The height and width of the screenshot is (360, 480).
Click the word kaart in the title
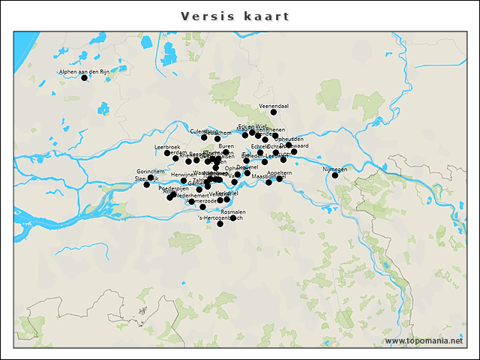[x=267, y=16]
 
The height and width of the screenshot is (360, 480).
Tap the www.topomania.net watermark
[x=424, y=341]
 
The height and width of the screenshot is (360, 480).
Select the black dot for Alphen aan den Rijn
[x=84, y=78]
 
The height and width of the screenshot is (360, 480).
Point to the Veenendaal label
[x=274, y=106]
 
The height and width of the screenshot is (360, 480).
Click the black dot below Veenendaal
[x=274, y=112]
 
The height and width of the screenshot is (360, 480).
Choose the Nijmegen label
[x=335, y=169]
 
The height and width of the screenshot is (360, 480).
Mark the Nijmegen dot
[x=335, y=175]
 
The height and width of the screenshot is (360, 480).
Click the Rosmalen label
[x=233, y=212]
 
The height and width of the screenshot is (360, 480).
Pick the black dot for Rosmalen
[x=233, y=218]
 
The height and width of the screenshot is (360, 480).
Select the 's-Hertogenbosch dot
[x=220, y=223]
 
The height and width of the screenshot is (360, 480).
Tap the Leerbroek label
[x=167, y=147]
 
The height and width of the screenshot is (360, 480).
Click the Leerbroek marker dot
[x=167, y=153]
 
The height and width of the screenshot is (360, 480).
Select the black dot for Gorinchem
[x=150, y=178]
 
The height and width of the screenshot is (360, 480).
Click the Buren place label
[x=226, y=146]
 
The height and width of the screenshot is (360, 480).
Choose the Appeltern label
[x=280, y=172]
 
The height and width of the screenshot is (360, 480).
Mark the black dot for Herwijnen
[x=184, y=181]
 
